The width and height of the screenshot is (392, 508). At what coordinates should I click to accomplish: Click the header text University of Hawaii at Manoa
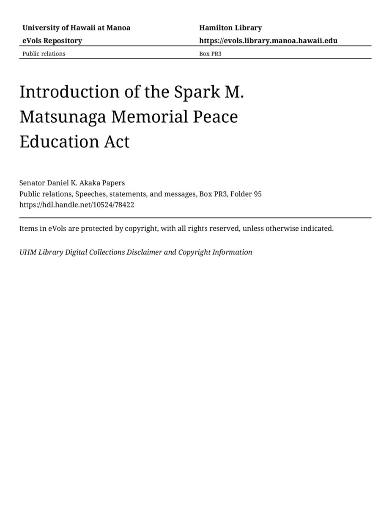[76, 28]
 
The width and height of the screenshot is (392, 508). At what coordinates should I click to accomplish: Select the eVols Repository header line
[52, 41]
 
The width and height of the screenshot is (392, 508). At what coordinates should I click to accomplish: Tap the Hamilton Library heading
[230, 28]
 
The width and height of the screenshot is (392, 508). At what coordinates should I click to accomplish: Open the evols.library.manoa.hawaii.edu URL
[268, 41]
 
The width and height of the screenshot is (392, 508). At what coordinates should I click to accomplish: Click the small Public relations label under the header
[44, 54]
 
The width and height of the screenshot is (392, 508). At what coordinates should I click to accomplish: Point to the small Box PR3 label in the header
[210, 54]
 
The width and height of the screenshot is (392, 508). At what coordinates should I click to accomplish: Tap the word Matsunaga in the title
[63, 117]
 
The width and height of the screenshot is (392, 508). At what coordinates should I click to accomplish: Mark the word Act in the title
[117, 142]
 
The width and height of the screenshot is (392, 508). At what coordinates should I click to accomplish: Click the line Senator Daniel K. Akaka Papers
[72, 183]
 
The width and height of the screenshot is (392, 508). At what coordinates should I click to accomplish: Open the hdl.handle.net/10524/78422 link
[77, 205]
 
